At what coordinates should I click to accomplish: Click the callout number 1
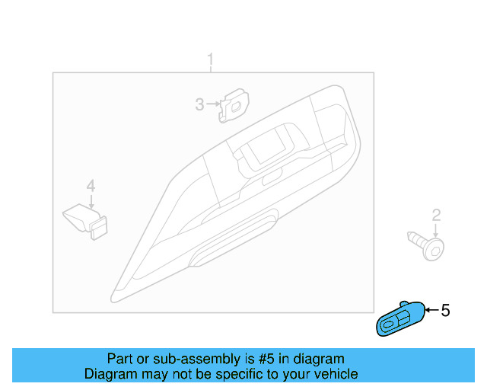pyautogui.click(x=212, y=59)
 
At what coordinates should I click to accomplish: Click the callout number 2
pyautogui.click(x=436, y=215)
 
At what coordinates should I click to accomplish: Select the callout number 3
pyautogui.click(x=199, y=104)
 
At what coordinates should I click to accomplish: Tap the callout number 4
pyautogui.click(x=91, y=186)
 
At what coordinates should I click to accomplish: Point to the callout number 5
pyautogui.click(x=446, y=310)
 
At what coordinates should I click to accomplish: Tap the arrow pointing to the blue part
pyautogui.click(x=430, y=310)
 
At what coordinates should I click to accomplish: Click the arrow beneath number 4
pyautogui.click(x=91, y=202)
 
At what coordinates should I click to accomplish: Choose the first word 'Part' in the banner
pyautogui.click(x=120, y=359)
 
